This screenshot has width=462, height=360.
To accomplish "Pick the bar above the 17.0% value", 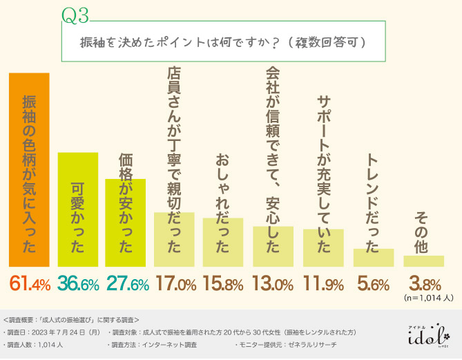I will pyautogui.click(x=173, y=239).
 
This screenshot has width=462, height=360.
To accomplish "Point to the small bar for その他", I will pyautogui.click(x=423, y=260).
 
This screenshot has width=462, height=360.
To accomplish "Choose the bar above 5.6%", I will pyautogui.click(x=374, y=257).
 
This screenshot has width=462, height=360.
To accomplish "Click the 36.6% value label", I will pyautogui.click(x=79, y=283).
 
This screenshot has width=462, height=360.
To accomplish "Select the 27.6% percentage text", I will pyautogui.click(x=126, y=283).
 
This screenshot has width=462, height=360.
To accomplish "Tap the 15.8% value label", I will pyautogui.click(x=224, y=283).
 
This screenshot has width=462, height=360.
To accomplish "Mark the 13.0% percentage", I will pyautogui.click(x=273, y=283).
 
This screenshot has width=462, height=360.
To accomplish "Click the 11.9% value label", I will pyautogui.click(x=323, y=283).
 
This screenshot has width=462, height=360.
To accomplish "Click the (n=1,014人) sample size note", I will pyautogui.click(x=427, y=299).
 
